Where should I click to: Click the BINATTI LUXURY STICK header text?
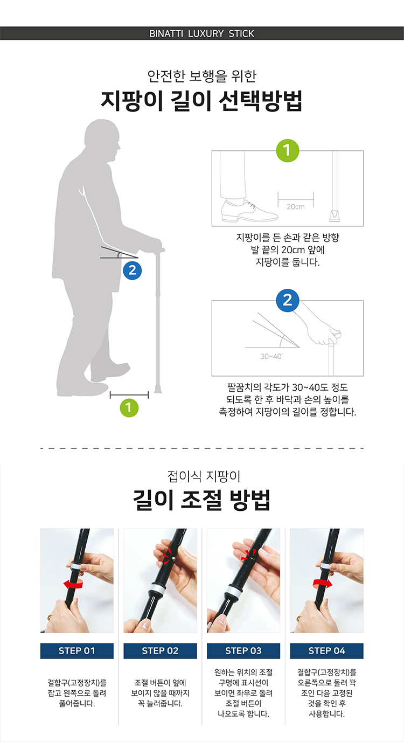click(x=201, y=33)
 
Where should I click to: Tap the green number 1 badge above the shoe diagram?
click(x=288, y=150)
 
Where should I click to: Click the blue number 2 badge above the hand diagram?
click(x=288, y=301)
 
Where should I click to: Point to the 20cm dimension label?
click(x=296, y=207)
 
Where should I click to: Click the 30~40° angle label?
click(x=271, y=356)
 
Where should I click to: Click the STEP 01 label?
click(x=77, y=651)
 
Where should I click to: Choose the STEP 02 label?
click(x=161, y=651)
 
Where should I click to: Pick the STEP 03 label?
click(x=243, y=651)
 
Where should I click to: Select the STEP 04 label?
click(x=327, y=651)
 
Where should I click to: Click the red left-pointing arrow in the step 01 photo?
click(x=73, y=584)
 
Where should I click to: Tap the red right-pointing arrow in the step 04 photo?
click(x=323, y=584)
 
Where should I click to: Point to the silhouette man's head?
click(x=102, y=140)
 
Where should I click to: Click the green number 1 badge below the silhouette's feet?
click(x=129, y=407)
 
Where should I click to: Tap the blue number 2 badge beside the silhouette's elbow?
click(x=132, y=271)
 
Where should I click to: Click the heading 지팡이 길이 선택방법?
click(x=201, y=100)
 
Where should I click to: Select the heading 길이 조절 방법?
click(x=201, y=500)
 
